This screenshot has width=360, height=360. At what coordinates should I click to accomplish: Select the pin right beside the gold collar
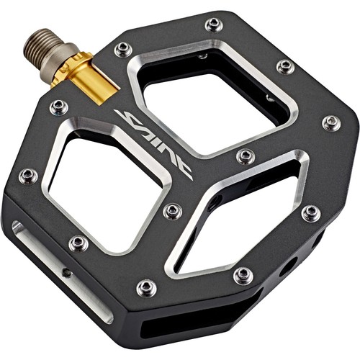coord(123,49)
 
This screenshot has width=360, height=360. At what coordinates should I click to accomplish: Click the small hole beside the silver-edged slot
coord(66,273)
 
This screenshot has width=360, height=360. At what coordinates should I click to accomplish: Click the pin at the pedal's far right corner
coord(330,122)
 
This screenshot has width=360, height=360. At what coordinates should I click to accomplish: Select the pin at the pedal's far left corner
coord(28,176)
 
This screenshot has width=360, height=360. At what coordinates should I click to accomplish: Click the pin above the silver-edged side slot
coord(78,243)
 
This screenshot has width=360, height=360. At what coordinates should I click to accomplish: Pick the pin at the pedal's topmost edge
coord(214,24)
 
